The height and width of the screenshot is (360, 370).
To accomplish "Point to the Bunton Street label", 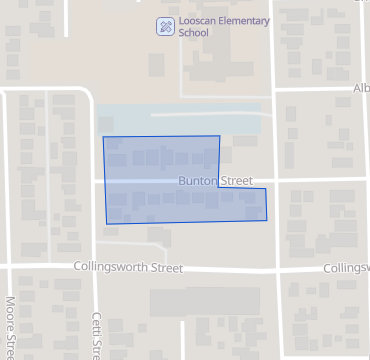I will (215, 181).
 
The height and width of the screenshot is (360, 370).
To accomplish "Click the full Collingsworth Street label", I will (128, 268).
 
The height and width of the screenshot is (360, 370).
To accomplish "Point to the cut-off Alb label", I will (361, 88).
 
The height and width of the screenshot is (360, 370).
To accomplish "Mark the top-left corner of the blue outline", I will (104, 138).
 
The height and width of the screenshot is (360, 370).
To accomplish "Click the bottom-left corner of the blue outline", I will (107, 223).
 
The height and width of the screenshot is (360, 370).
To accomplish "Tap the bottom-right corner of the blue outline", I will (267, 221).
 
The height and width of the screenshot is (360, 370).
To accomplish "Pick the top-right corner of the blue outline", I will (219, 137).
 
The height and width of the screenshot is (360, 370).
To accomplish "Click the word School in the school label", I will (194, 32).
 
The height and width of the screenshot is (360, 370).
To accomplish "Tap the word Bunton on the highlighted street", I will (198, 181).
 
